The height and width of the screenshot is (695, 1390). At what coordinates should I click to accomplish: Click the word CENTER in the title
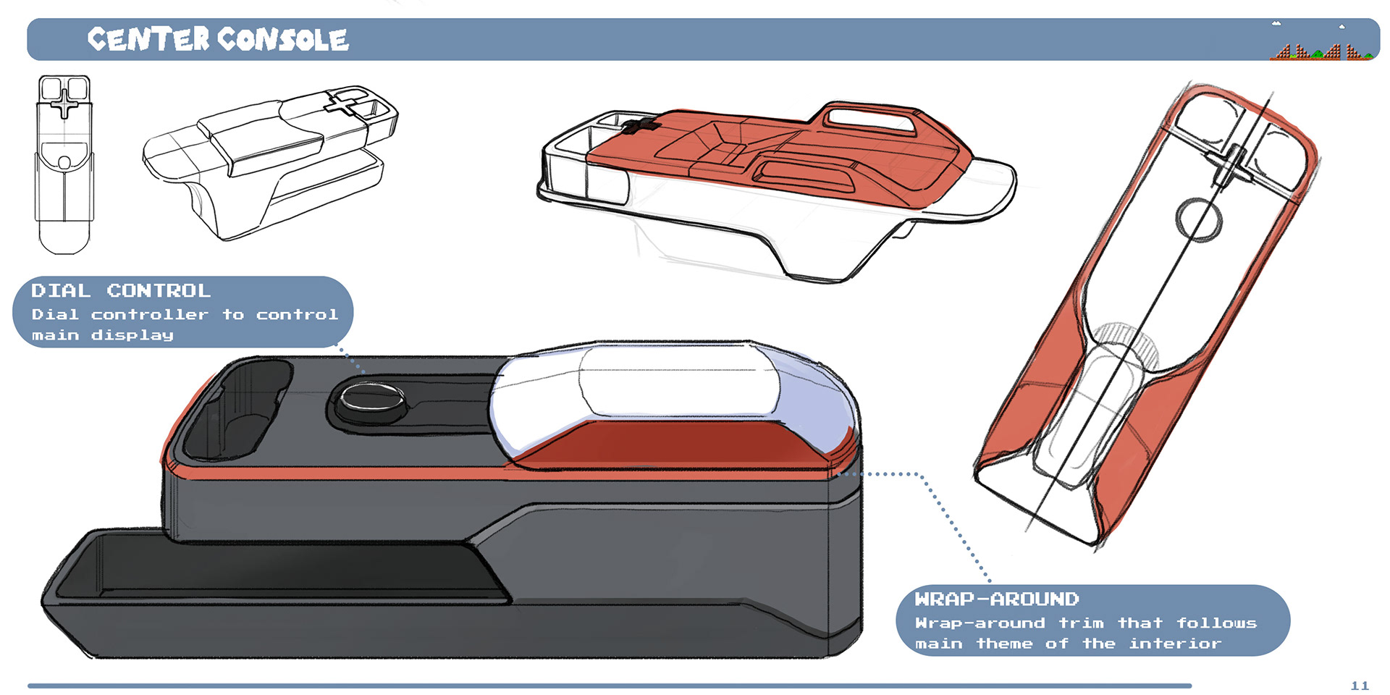click(148, 39)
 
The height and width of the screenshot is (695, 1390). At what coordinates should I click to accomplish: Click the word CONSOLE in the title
click(283, 39)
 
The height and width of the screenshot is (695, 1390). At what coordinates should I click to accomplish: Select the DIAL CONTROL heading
click(121, 291)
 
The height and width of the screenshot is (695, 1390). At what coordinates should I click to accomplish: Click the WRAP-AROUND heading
click(997, 599)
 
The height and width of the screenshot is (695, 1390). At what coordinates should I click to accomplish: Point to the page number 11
click(1360, 686)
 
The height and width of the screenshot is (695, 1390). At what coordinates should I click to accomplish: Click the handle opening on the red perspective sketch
click(869, 117)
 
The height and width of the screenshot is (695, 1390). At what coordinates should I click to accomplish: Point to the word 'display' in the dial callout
click(132, 336)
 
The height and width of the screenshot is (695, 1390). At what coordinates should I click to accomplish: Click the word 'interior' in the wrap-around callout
click(1175, 644)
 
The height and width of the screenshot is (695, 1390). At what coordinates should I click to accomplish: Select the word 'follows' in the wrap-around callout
click(1216, 623)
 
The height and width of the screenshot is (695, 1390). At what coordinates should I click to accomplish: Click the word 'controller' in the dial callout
click(150, 315)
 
